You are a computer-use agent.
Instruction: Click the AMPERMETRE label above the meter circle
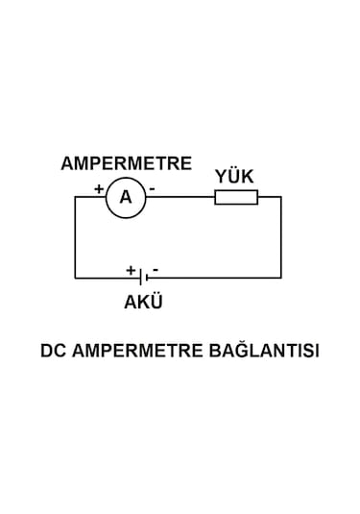(126, 163)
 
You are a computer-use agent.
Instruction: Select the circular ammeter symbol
(126, 198)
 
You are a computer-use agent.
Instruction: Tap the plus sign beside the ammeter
(99, 189)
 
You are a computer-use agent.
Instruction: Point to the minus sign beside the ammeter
(152, 190)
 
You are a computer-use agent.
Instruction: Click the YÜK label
(234, 177)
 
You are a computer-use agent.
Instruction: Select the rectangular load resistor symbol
(235, 198)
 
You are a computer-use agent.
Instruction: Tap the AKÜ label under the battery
(143, 302)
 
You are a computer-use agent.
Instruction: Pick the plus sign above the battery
(131, 270)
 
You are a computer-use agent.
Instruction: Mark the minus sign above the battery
(156, 269)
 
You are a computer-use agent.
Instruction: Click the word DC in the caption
(52, 351)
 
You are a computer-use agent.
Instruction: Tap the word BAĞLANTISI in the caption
(263, 351)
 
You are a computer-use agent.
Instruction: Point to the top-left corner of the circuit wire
(75, 197)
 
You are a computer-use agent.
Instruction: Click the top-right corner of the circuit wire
(281, 197)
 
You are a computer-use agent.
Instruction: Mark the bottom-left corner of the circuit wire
(75, 278)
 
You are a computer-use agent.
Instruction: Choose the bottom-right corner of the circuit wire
(281, 278)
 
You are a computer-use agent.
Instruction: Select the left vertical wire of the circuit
(75, 237)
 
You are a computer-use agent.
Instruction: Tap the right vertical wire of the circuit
(281, 237)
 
